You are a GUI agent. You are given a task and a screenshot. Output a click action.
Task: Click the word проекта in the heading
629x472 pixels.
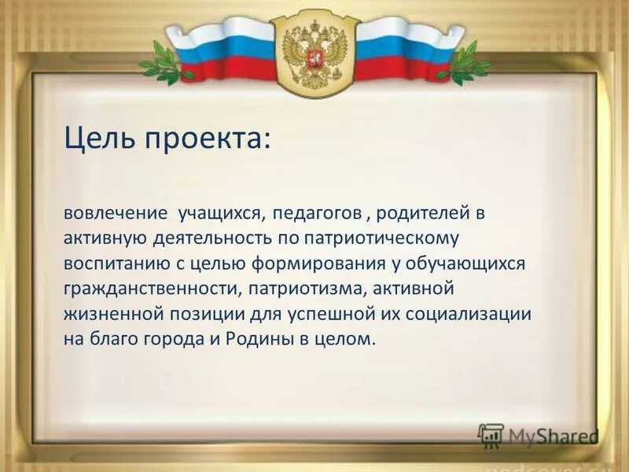click(208, 142)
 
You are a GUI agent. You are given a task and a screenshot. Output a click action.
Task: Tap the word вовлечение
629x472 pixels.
click(116, 213)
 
